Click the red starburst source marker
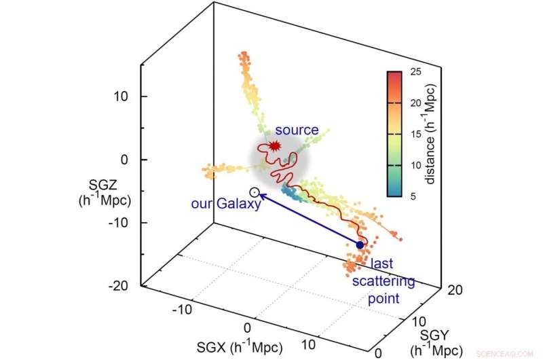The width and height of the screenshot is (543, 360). click(274, 145)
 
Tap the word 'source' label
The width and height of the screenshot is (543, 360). click(297, 130)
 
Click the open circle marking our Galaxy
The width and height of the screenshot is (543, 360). click(255, 193)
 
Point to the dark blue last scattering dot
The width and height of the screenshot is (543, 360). click(360, 245)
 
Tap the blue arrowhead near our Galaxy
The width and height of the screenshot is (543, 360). click(263, 196)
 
